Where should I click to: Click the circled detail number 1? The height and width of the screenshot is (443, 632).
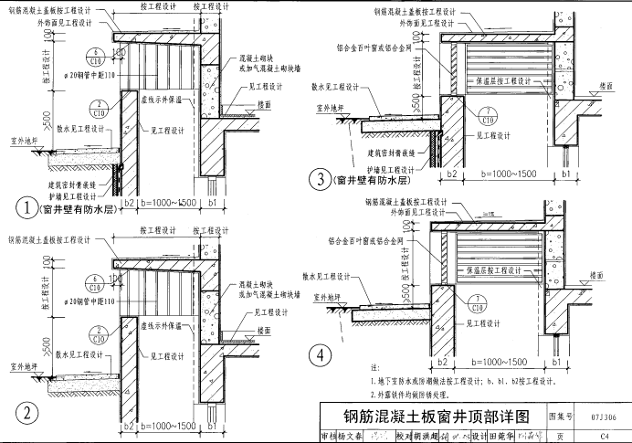point(30,208)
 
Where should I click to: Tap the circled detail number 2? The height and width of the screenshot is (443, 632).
point(30,413)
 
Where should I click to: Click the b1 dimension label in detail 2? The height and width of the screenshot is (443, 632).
point(213,427)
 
